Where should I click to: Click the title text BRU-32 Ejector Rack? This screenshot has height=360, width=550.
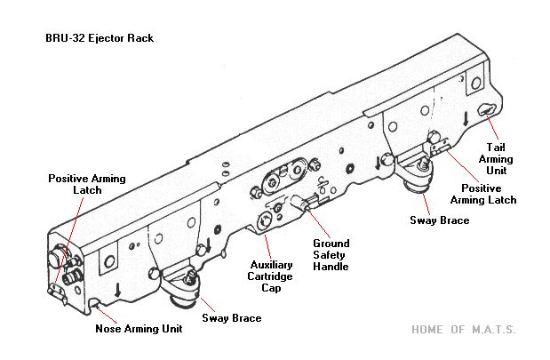click(99, 38)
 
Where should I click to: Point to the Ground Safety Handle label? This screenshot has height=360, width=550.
click(331, 255)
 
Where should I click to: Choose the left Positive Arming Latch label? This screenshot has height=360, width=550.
click(87, 184)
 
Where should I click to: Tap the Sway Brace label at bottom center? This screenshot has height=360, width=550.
click(231, 317)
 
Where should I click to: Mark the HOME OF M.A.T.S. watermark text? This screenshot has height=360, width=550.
click(463, 329)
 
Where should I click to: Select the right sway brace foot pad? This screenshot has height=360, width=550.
click(417, 183)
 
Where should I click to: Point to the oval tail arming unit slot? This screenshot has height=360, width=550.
click(486, 108)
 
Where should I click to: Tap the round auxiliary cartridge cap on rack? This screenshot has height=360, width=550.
click(266, 221)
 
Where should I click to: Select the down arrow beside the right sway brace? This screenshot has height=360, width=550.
click(379, 163)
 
